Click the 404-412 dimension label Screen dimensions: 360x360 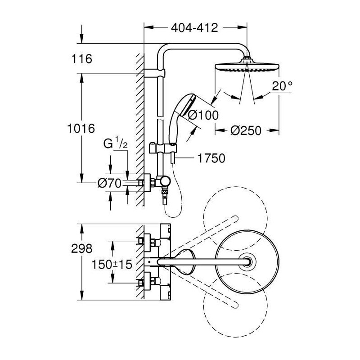(x=194, y=28)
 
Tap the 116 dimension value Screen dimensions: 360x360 (x=82, y=59)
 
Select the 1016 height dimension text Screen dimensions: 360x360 (x=81, y=128)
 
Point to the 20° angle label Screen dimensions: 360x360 (x=282, y=86)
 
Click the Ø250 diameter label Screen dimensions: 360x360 (x=246, y=130)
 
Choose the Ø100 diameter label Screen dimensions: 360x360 (x=203, y=115)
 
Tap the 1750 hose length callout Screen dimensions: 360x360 (x=211, y=158)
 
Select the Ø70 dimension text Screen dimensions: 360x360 (x=109, y=183)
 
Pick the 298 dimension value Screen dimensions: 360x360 (x=82, y=248)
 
